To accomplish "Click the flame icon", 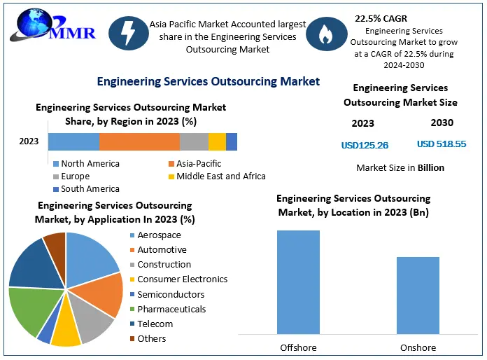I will [x=326, y=36].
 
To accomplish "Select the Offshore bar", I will [x=298, y=282].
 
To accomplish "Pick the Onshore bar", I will [x=418, y=296].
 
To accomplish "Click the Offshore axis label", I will [x=299, y=347].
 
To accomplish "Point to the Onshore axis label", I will [x=418, y=347].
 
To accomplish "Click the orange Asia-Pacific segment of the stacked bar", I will [x=139, y=141].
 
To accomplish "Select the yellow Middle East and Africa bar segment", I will [x=217, y=141].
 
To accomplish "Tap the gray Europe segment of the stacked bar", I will [x=194, y=141].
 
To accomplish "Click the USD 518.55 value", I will [x=442, y=144].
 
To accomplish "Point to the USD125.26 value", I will [x=365, y=145].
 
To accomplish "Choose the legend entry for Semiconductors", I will [x=171, y=294].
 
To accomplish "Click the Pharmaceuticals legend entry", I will [x=171, y=309].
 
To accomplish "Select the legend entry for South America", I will [x=90, y=188].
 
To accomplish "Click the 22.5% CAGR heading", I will [x=381, y=18].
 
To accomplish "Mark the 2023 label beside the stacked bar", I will [x=29, y=141].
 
